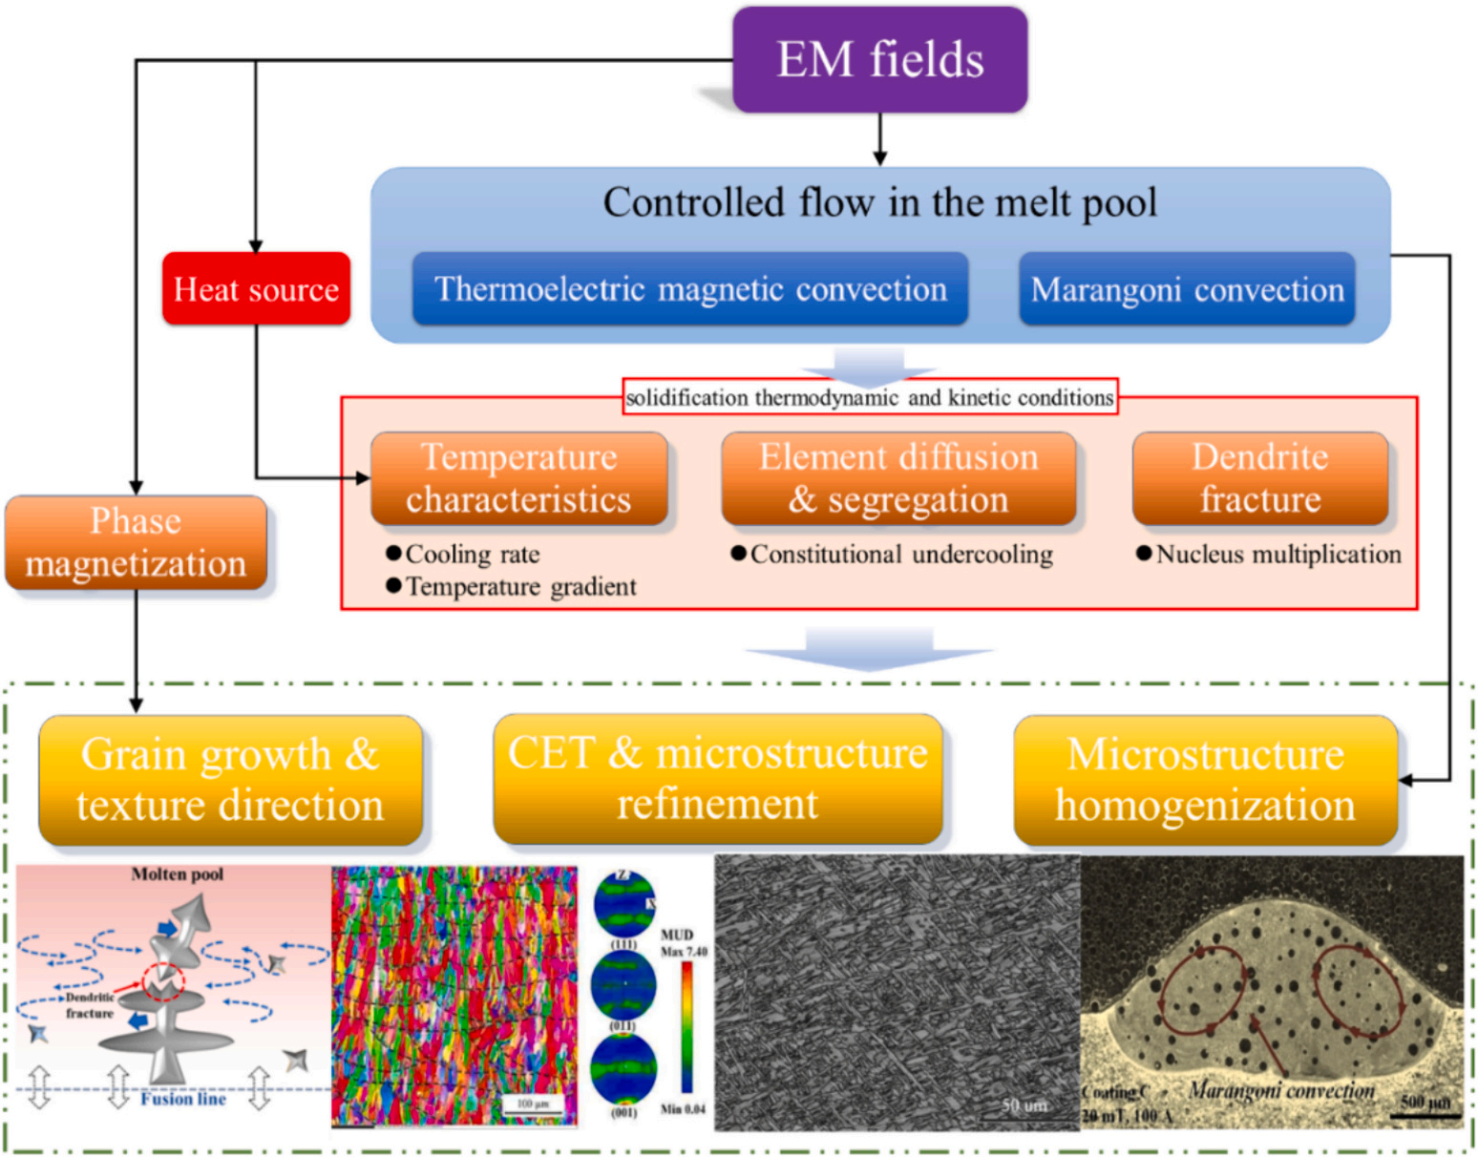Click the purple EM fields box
tap(879, 59)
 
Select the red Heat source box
tap(256, 289)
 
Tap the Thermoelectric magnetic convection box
tap(690, 289)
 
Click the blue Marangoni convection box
tap(1187, 289)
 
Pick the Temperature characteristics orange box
tap(518, 478)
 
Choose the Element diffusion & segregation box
tap(898, 478)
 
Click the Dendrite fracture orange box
tap(1260, 478)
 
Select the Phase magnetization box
tap(136, 542)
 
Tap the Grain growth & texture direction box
tap(230, 780)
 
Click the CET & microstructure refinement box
tap(718, 779)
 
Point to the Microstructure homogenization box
tap(1205, 780)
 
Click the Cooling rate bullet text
tap(472, 555)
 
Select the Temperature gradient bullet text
tap(520, 586)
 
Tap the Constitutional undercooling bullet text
tap(901, 555)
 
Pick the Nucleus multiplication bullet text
tap(1278, 555)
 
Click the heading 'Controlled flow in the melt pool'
tap(879, 202)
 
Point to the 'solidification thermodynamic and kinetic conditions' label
tap(870, 397)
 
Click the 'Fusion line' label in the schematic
tap(183, 1099)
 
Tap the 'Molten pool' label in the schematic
tap(178, 874)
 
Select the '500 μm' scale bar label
tap(1425, 1103)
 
